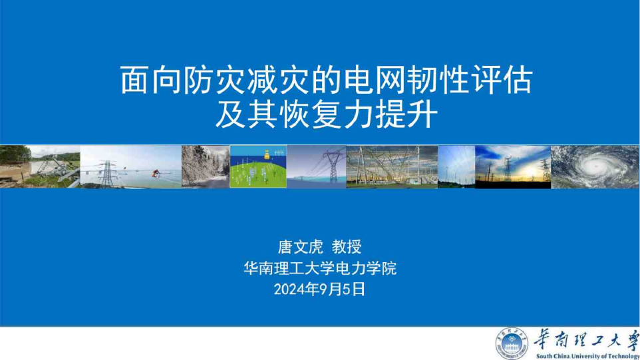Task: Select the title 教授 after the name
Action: (x=347, y=248)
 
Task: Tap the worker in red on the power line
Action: (x=156, y=172)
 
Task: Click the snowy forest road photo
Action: (x=205, y=166)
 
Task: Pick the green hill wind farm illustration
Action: (x=258, y=166)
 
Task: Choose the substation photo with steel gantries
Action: (x=392, y=166)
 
